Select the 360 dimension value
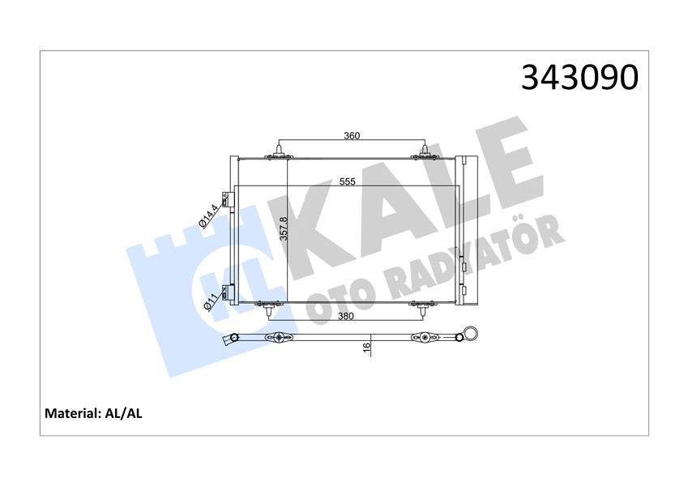[351, 135]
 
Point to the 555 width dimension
[348, 181]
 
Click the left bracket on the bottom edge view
[278, 338]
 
